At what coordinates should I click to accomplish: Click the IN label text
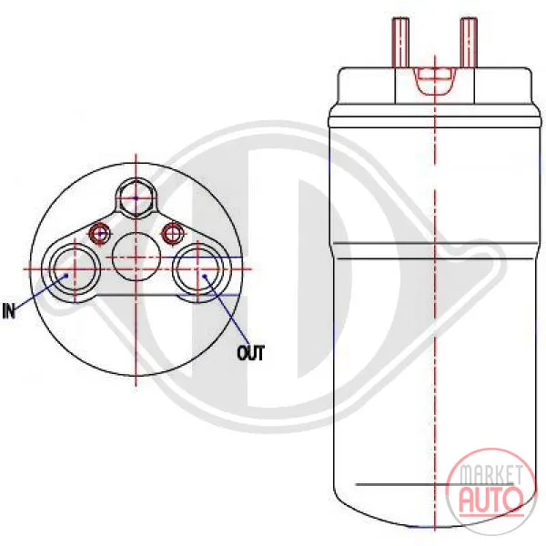9,310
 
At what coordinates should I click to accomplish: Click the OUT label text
251,353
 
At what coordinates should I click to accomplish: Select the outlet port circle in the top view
197,268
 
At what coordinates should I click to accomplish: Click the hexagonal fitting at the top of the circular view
136,197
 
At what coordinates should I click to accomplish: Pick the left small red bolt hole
100,233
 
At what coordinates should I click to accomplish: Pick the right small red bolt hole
171,233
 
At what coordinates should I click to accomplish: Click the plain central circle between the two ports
136,257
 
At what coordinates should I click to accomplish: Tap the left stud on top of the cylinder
400,43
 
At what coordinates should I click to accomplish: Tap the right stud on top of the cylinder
469,43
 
